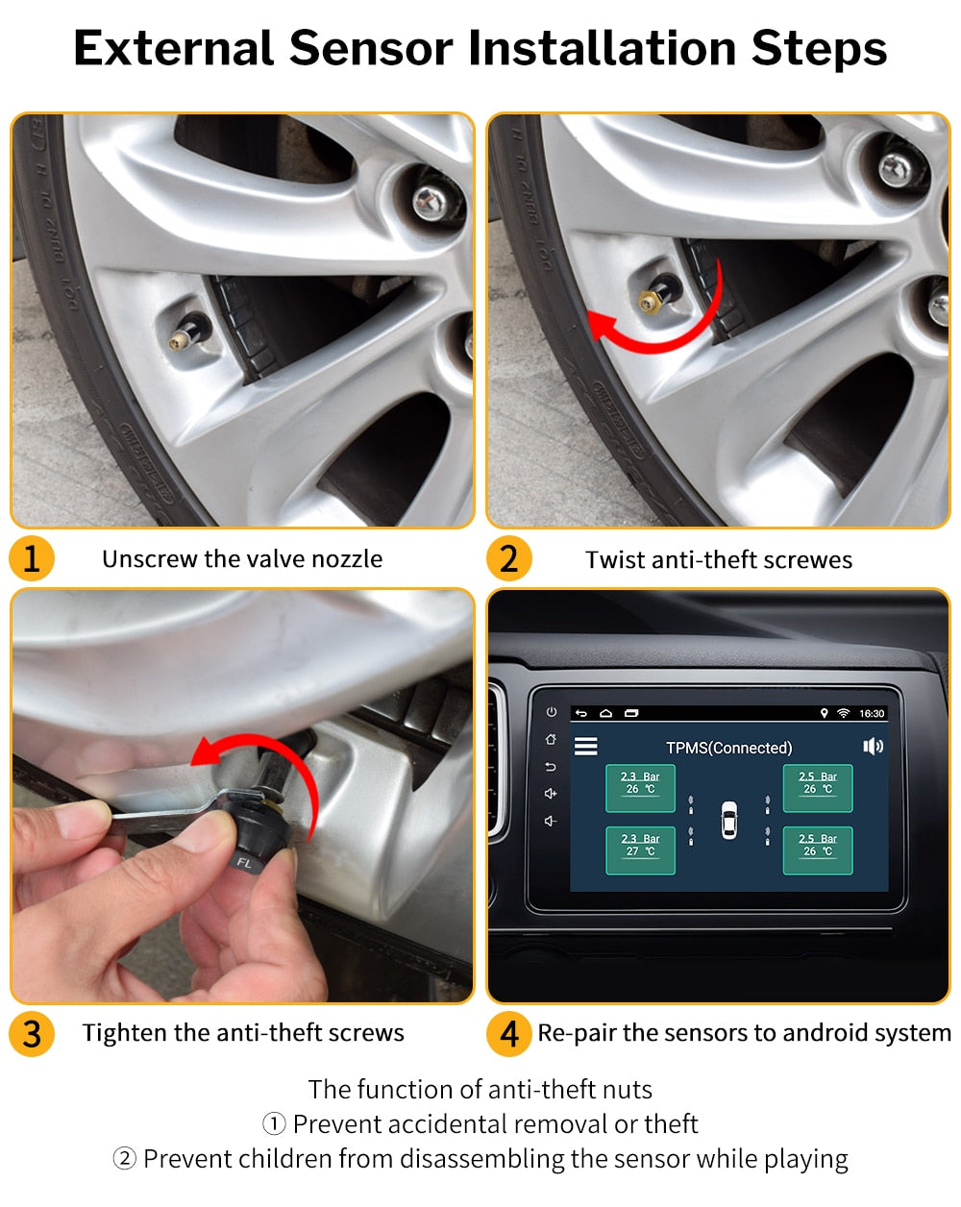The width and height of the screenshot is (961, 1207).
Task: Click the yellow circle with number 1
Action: pyautogui.click(x=32, y=558)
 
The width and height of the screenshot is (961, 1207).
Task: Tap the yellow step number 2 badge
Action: pyautogui.click(x=509, y=558)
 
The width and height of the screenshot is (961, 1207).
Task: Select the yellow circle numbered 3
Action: pyautogui.click(x=32, y=1033)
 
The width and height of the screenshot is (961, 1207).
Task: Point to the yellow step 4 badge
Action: pyautogui.click(x=509, y=1033)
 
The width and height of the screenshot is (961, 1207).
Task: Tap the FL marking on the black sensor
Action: pyautogui.click(x=244, y=863)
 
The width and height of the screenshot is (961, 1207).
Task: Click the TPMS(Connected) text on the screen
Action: pyautogui.click(x=728, y=748)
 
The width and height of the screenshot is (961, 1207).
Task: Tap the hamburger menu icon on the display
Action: pyautogui.click(x=585, y=747)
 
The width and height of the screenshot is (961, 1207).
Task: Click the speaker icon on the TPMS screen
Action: pyautogui.click(x=873, y=747)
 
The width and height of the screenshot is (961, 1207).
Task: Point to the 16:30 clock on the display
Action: pyautogui.click(x=872, y=714)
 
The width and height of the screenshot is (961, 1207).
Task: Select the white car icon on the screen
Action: pyautogui.click(x=729, y=820)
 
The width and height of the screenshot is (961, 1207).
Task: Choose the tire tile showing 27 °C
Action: pyautogui.click(x=640, y=850)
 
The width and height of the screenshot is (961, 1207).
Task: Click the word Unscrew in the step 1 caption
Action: pyautogui.click(x=149, y=559)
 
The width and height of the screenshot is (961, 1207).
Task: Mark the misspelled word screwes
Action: pyautogui.click(x=806, y=560)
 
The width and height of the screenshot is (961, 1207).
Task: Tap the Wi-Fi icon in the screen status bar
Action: pyautogui.click(x=844, y=714)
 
